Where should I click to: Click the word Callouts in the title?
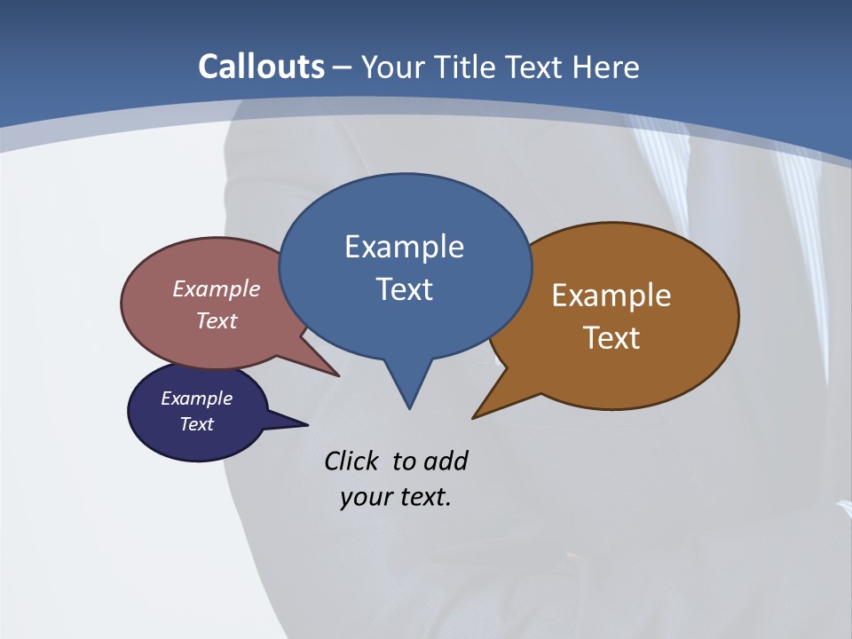pos(261,67)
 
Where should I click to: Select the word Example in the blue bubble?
pos(404,247)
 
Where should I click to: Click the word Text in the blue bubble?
pos(404,289)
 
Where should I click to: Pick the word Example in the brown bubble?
pos(611,296)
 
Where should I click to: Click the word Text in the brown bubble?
pos(611,338)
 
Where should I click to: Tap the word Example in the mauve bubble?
pos(217,288)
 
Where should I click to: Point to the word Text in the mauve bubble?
pos(217,320)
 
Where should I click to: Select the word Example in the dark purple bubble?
pos(197,398)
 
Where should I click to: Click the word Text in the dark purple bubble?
pos(197,424)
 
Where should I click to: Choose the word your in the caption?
pos(364,497)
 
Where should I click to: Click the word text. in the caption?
pos(422,497)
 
